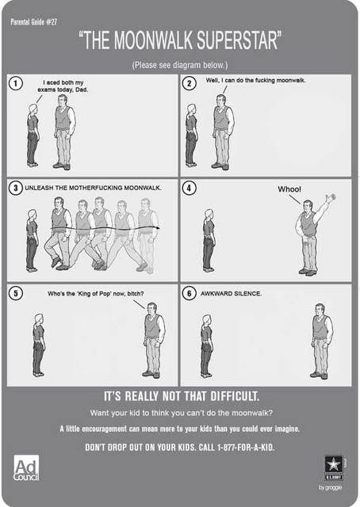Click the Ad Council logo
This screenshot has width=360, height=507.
(x=26, y=468)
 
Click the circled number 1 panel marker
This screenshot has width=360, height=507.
(x=16, y=83)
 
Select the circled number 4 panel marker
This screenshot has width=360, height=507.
(x=190, y=188)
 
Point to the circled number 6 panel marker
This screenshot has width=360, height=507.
(x=190, y=293)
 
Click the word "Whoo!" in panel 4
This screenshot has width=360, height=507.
(x=289, y=189)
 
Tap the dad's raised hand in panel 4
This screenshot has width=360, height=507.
(x=331, y=197)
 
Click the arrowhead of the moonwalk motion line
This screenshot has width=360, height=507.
(x=158, y=228)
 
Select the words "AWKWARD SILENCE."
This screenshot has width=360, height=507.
(x=232, y=294)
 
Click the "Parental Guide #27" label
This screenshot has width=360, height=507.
(x=33, y=22)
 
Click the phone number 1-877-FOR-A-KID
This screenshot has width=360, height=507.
(x=245, y=448)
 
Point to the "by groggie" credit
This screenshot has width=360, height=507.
(x=330, y=487)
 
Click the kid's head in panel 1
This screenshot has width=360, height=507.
(x=33, y=109)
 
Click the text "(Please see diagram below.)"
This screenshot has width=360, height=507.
(x=180, y=65)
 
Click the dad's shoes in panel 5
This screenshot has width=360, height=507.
(x=151, y=375)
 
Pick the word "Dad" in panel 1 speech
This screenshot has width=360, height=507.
(x=81, y=90)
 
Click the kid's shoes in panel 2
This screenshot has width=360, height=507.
(x=191, y=164)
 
